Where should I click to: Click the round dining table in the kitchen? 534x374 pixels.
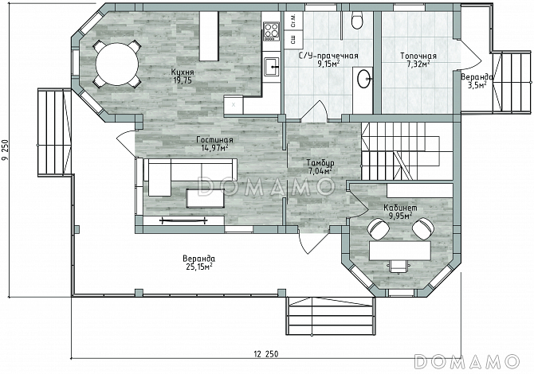coord(117,64)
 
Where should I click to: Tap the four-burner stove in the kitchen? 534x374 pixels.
coord(272,30)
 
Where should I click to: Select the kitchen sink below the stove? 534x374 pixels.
coord(272,66)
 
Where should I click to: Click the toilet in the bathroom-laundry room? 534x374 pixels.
coord(357,20)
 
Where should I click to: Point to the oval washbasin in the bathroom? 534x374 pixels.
coord(363,79)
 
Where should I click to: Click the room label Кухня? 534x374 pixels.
coord(183,72)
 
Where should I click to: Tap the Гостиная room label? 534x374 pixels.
coord(214,140)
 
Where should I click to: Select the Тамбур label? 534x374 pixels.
coord(320,162)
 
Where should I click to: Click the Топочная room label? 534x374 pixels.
coord(418,56)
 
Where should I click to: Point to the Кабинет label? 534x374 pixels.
coord(400,208)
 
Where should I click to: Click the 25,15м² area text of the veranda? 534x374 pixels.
coord(199,267)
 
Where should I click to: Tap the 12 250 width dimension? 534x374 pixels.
coord(265,354)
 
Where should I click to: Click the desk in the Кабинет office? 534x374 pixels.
coord(400,251)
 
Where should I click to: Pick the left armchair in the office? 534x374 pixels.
coord(379,228)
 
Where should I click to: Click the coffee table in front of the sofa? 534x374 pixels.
coord(205,198)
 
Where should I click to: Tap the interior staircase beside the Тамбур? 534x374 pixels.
coord(407,151)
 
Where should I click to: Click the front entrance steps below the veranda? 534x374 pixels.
coord(332,316)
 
